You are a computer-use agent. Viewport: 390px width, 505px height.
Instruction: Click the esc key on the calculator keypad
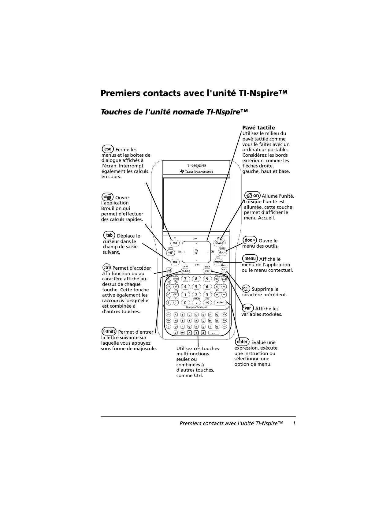pyautogui.click(x=175, y=243)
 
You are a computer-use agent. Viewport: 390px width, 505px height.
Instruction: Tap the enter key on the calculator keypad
pyautogui.click(x=220, y=302)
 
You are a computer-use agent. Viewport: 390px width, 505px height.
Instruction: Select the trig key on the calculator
pyautogui.click(x=176, y=279)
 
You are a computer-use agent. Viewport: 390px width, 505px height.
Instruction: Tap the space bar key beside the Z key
pyautogui.click(x=214, y=333)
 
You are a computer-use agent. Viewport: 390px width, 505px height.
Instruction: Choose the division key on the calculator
pyautogui.click(x=224, y=287)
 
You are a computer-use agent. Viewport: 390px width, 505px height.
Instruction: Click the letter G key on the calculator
pyautogui.click(x=217, y=315)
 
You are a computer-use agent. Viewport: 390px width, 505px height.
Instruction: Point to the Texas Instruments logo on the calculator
pyautogui.click(x=197, y=171)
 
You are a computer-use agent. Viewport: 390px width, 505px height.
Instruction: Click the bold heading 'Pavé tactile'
pyautogui.click(x=258, y=128)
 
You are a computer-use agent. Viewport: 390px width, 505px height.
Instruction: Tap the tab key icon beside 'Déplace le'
pyautogui.click(x=109, y=235)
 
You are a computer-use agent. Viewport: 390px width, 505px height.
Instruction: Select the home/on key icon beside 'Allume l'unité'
pyautogui.click(x=253, y=195)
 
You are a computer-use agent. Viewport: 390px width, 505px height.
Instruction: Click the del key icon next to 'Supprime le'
pyautogui.click(x=246, y=288)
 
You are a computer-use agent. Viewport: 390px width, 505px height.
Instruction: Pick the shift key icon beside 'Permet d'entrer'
pyautogui.click(x=109, y=331)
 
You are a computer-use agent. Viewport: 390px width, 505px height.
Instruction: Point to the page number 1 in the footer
pyautogui.click(x=294, y=423)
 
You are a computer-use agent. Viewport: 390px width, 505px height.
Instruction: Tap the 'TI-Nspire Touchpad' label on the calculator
pyautogui.click(x=196, y=308)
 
